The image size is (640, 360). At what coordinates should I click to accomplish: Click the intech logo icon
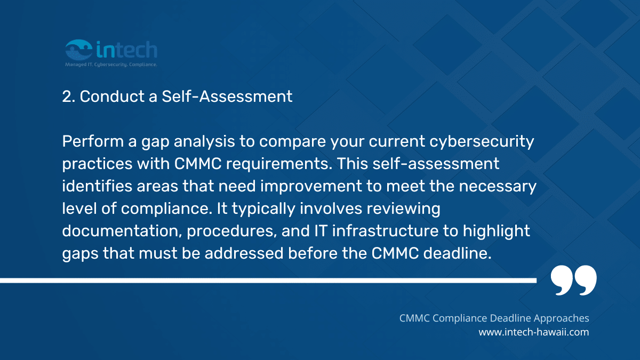[78, 50]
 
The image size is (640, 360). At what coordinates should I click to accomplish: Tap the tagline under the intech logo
[111, 63]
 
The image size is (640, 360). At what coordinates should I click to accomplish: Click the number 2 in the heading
[67, 97]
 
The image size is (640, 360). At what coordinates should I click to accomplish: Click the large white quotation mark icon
[573, 281]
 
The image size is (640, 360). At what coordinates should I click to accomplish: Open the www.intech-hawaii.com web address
[533, 332]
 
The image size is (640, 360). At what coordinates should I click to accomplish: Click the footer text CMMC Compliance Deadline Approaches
[494, 318]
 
